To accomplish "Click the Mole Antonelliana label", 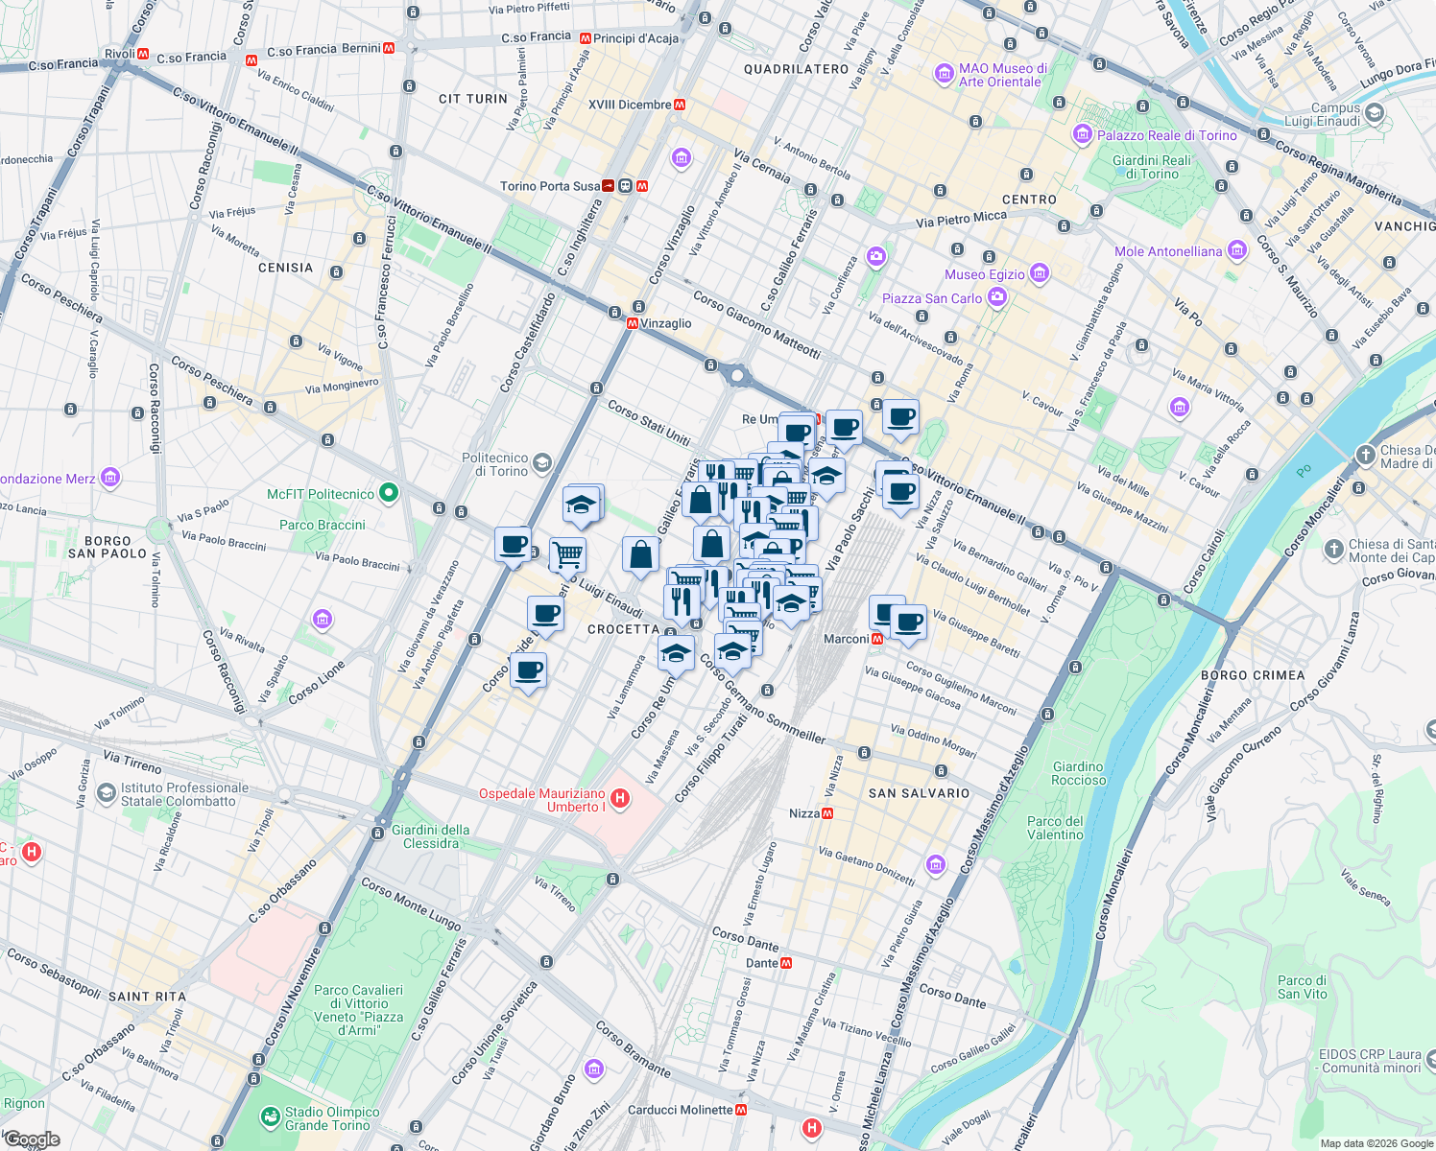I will [1168, 252].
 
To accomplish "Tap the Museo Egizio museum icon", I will [1039, 274].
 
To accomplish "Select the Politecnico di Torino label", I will [494, 465].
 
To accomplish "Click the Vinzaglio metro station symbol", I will [633, 324].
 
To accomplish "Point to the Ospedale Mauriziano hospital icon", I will [620, 798].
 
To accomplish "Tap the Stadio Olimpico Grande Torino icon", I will [270, 1117].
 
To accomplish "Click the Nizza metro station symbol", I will [827, 813].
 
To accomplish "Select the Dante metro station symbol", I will [786, 963].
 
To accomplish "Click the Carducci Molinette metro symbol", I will [741, 1110].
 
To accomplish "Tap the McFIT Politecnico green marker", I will [389, 494].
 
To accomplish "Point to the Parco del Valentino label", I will [1055, 828].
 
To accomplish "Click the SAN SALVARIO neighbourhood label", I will [919, 793].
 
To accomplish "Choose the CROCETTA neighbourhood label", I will [623, 629].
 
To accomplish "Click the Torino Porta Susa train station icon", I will [609, 186].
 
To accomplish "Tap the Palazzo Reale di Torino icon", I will [1084, 135].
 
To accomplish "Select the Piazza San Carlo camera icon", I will [997, 297].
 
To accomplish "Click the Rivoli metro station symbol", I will [143, 54].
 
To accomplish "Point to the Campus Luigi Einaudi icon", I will [1375, 113].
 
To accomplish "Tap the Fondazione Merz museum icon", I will [110, 478].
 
